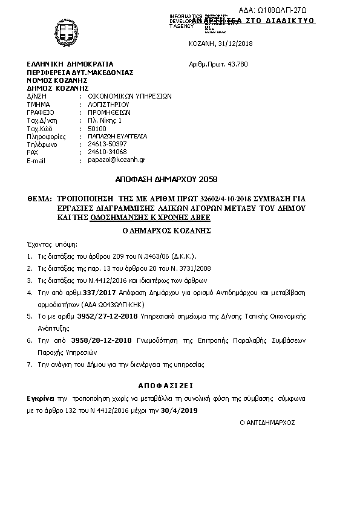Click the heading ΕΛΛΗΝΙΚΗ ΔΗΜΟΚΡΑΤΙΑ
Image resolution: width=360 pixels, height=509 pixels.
coord(70,64)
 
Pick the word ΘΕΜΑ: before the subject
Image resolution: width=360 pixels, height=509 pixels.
coord(41,198)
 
